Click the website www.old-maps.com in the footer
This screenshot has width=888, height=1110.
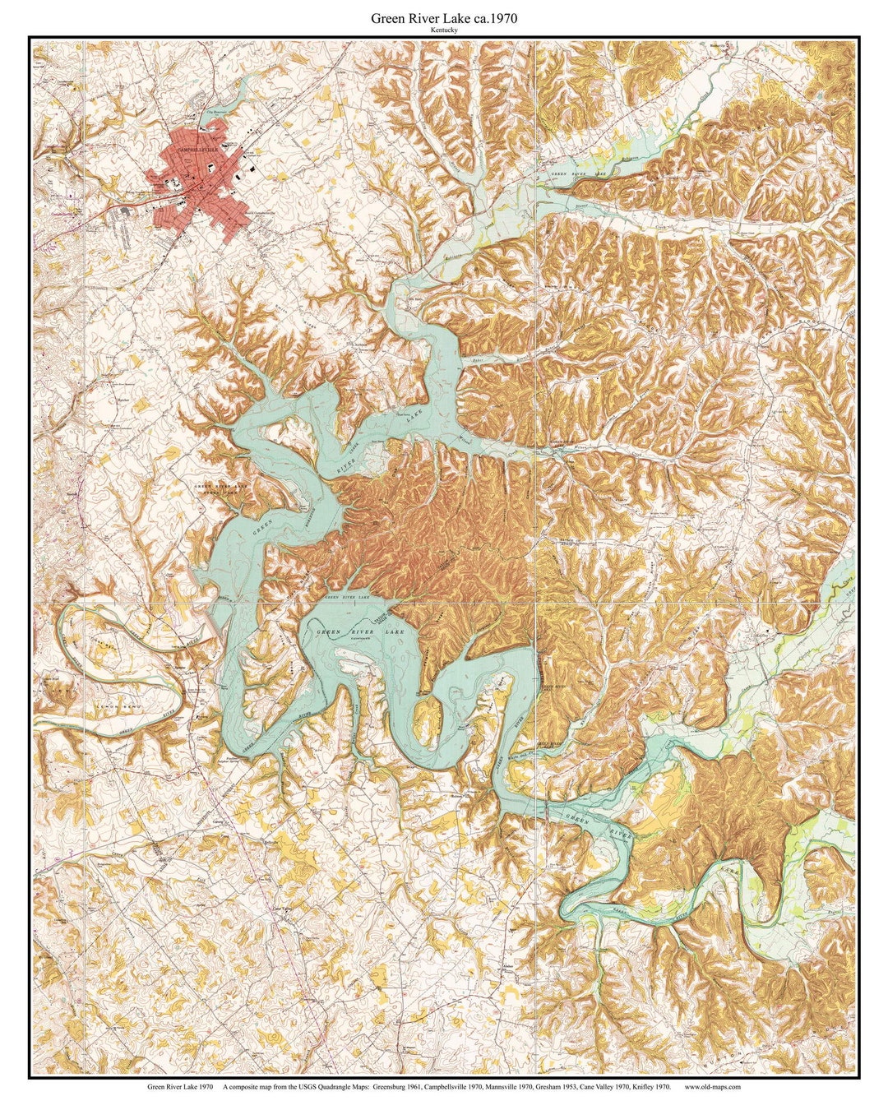click(x=710, y=1086)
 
